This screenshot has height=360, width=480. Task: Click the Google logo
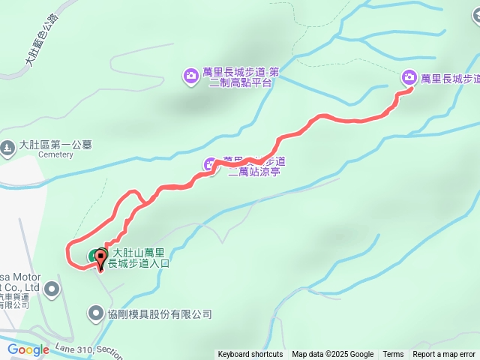click(x=28, y=349)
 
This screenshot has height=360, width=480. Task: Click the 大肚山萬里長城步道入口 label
click(x=140, y=259)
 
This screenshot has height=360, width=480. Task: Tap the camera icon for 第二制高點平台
click(x=190, y=74)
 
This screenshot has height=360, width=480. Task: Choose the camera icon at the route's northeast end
click(x=409, y=76)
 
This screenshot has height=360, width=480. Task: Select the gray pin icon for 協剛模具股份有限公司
click(x=96, y=311)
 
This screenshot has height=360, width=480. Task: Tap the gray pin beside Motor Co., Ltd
click(x=52, y=288)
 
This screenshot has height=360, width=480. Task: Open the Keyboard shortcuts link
click(x=250, y=355)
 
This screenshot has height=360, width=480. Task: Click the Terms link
click(x=393, y=355)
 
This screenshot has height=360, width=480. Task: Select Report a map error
click(x=444, y=355)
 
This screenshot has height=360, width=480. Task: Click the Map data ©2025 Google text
click(x=332, y=355)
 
